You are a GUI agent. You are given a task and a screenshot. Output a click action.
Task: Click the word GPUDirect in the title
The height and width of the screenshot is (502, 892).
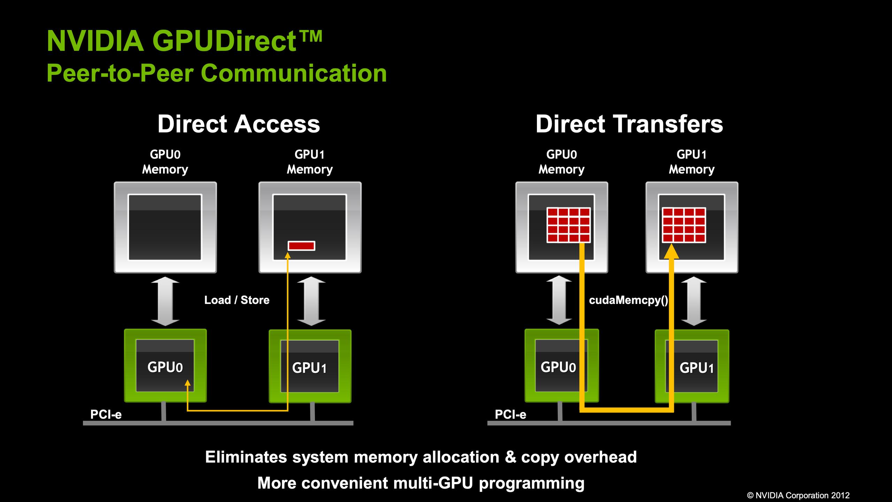(x=225, y=41)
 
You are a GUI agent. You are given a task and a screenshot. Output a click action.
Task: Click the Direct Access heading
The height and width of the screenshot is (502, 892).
(x=239, y=124)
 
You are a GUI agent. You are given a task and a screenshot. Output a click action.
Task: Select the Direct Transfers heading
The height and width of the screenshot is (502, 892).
(x=629, y=124)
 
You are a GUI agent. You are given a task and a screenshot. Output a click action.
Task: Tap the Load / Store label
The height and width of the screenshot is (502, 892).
(x=237, y=300)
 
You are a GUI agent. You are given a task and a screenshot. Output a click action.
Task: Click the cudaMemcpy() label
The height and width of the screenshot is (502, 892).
(x=628, y=300)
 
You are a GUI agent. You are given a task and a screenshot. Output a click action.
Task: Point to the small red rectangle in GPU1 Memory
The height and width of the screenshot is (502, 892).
(x=301, y=246)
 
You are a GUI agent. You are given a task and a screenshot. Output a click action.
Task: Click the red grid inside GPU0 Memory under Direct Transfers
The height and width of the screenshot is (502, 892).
(x=568, y=225)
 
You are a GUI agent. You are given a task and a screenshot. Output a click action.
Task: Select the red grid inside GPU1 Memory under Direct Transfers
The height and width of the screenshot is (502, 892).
(x=684, y=225)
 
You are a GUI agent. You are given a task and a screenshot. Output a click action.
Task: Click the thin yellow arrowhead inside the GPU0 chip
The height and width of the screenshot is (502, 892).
(x=187, y=383)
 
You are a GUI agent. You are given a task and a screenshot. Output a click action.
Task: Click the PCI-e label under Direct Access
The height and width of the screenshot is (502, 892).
(x=106, y=414)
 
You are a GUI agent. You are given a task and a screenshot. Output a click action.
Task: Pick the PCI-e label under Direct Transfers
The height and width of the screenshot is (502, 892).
(x=510, y=414)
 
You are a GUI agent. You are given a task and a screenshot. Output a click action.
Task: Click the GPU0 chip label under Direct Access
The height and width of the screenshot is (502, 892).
(x=165, y=367)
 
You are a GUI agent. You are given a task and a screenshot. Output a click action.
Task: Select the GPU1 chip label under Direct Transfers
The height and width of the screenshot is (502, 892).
(x=697, y=368)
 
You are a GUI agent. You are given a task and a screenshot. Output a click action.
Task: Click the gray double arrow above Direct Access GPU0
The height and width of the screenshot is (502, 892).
(x=165, y=301)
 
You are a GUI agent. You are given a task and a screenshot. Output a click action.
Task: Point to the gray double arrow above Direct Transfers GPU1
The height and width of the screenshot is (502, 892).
(x=694, y=301)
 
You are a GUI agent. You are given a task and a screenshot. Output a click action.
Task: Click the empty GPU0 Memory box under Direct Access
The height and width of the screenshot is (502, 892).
(x=165, y=227)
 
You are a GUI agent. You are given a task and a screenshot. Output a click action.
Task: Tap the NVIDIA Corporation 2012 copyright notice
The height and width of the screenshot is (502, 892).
(x=798, y=495)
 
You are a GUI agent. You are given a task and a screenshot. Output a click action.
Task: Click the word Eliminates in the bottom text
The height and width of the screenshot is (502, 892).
(x=246, y=457)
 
